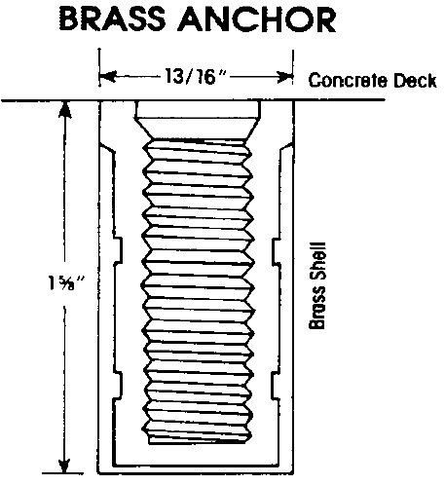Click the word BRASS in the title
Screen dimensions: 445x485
pyautogui.click(x=112, y=19)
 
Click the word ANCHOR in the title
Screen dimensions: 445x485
pyautogui.click(x=257, y=20)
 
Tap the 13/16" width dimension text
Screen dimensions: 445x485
pyautogui.click(x=196, y=76)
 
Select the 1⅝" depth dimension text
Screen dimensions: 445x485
pyautogui.click(x=66, y=282)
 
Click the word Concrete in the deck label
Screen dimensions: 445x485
pyautogui.click(x=348, y=81)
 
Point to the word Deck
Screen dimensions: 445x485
pyautogui.click(x=415, y=81)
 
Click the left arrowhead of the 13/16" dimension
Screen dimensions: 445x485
pyautogui.click(x=108, y=77)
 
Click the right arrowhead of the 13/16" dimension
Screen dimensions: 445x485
pyautogui.click(x=285, y=77)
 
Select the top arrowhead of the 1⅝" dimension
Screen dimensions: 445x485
pyautogui.click(x=65, y=109)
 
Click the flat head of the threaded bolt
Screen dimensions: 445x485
pyautogui.click(x=198, y=110)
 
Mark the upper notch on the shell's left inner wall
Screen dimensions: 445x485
pyautogui.click(x=118, y=250)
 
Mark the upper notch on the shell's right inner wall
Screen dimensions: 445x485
pyautogui.click(x=276, y=251)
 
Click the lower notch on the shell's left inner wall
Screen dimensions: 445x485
pyautogui.click(x=118, y=385)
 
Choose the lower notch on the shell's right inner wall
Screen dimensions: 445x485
pyautogui.click(x=275, y=385)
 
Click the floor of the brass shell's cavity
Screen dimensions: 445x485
pyautogui.click(x=196, y=464)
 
